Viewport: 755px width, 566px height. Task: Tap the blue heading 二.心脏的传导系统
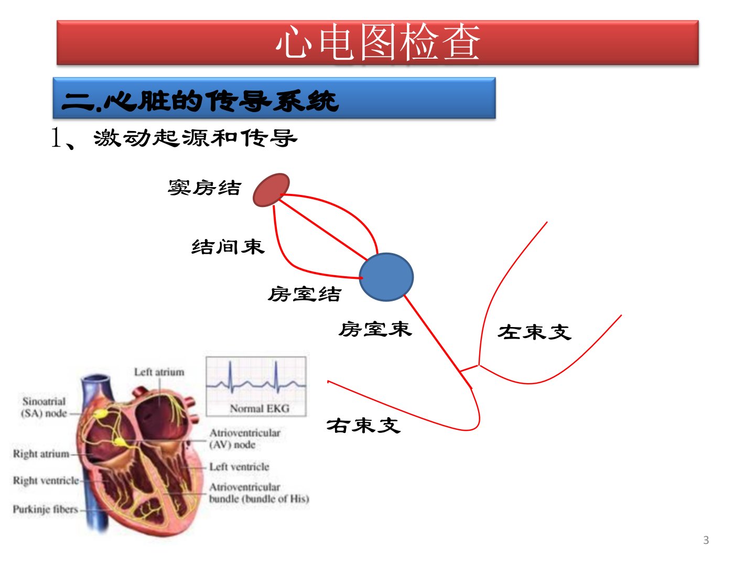pos(200,101)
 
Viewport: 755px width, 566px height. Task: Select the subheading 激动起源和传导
pos(195,138)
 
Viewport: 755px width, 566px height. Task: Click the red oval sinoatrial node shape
pos(272,190)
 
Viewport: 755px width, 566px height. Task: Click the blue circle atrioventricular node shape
pos(386,277)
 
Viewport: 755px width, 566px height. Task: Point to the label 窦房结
pos(204,188)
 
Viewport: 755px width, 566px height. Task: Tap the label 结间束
pos(228,247)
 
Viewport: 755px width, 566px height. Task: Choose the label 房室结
pos(305,294)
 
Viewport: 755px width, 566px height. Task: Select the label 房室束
pos(375,329)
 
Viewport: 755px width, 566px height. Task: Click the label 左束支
pos(534,332)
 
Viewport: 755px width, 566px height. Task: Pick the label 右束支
pos(363,426)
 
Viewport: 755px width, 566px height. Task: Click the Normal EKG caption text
pos(260,409)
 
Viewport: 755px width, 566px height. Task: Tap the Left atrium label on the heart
pos(159,372)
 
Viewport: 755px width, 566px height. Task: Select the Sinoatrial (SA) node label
pos(44,407)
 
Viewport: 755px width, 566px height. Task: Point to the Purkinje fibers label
pos(46,509)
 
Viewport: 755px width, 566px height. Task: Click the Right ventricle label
pos(46,481)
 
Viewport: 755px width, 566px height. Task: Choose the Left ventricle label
pos(240,466)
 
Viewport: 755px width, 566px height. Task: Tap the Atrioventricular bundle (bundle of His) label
pos(259,493)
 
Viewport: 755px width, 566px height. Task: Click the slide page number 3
pos(706,540)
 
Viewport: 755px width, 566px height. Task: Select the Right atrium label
pos(41,454)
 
